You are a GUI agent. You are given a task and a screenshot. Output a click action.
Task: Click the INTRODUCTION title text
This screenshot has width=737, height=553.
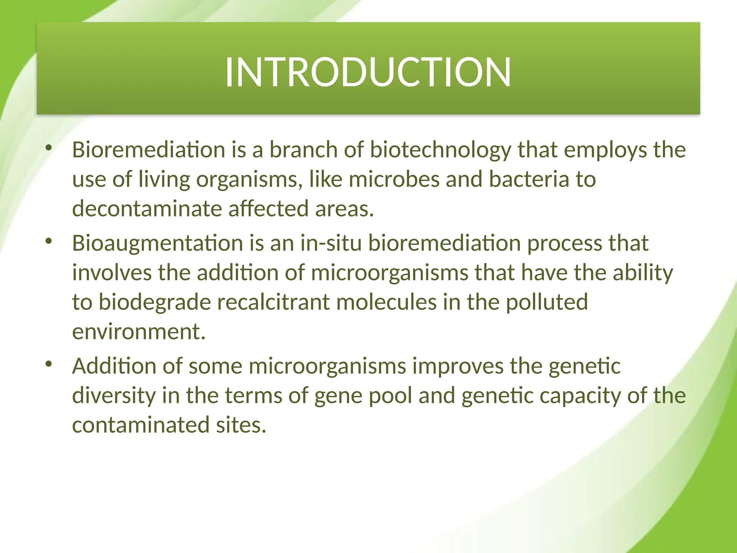point(368,72)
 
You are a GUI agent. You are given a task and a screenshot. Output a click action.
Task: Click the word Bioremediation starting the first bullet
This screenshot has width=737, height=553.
point(149,150)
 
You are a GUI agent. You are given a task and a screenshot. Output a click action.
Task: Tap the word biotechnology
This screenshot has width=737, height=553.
point(440,150)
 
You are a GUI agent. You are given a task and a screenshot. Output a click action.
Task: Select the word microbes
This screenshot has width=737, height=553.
point(394,179)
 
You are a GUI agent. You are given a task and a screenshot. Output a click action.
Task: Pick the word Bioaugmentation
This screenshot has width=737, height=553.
point(158,243)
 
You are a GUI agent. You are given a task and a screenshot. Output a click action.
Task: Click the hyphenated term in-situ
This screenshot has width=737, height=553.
point(331,243)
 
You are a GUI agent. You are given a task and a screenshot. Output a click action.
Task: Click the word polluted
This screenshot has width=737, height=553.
point(547,302)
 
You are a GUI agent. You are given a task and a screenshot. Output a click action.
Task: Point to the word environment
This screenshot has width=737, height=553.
point(139,332)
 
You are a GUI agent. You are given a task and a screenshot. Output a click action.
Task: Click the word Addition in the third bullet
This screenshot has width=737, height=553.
point(114,366)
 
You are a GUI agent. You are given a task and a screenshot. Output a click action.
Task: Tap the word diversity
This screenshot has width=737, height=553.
point(114,396)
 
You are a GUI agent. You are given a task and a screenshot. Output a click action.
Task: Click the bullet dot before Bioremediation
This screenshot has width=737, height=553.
point(49,148)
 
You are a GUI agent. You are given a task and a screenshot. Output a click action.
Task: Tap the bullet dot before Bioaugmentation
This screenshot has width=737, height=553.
point(49,241)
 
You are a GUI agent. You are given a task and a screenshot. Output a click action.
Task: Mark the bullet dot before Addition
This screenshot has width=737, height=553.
point(49,364)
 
